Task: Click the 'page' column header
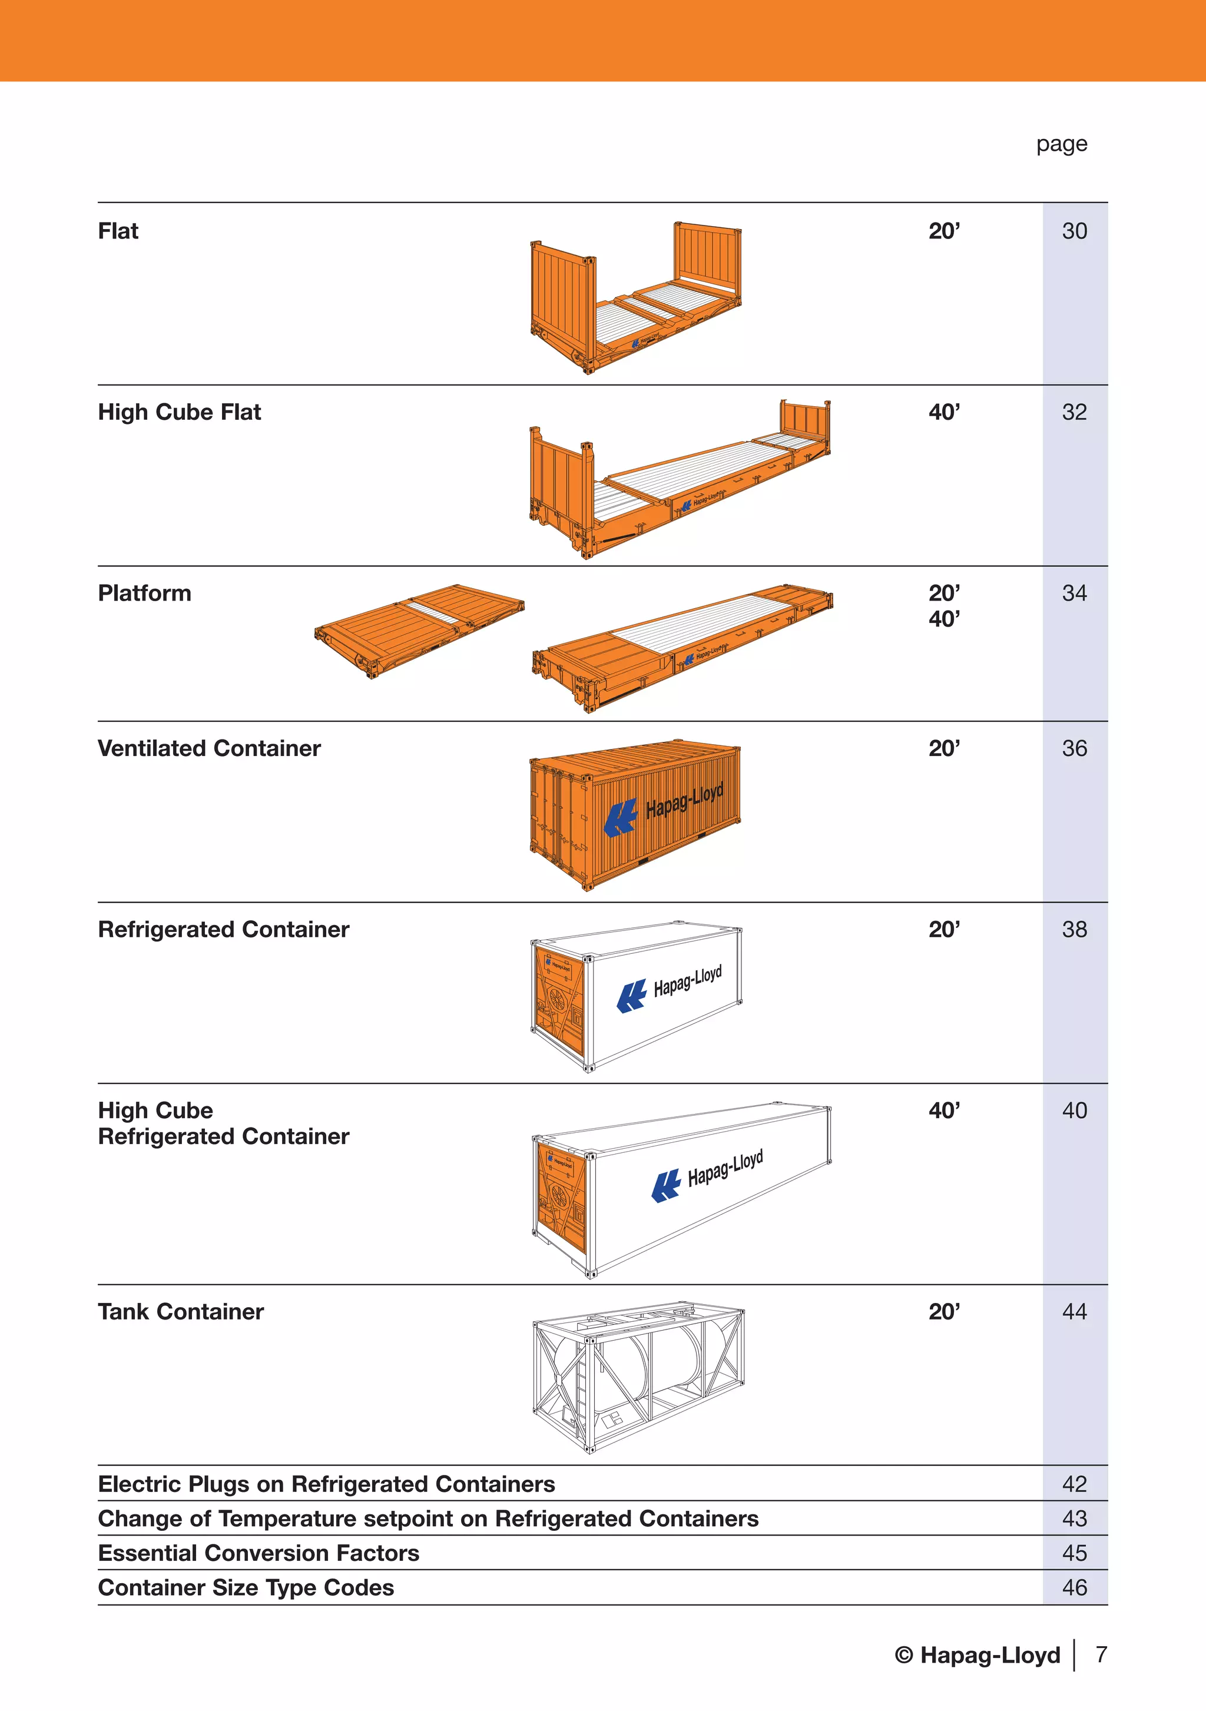tap(1061, 144)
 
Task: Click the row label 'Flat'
tap(118, 231)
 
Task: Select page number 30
tap(1074, 231)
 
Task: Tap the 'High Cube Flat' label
tap(179, 412)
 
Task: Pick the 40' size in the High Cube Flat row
tap(943, 412)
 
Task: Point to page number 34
tap(1074, 593)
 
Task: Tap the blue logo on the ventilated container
tap(620, 817)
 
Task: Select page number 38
tap(1074, 929)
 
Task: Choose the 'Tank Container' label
tap(180, 1312)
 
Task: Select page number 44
tap(1074, 1312)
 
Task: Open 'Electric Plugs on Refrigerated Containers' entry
tap(326, 1484)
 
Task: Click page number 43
tap(1074, 1518)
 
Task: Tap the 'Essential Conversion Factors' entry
tap(258, 1553)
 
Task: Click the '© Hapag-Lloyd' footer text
tap(977, 1655)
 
